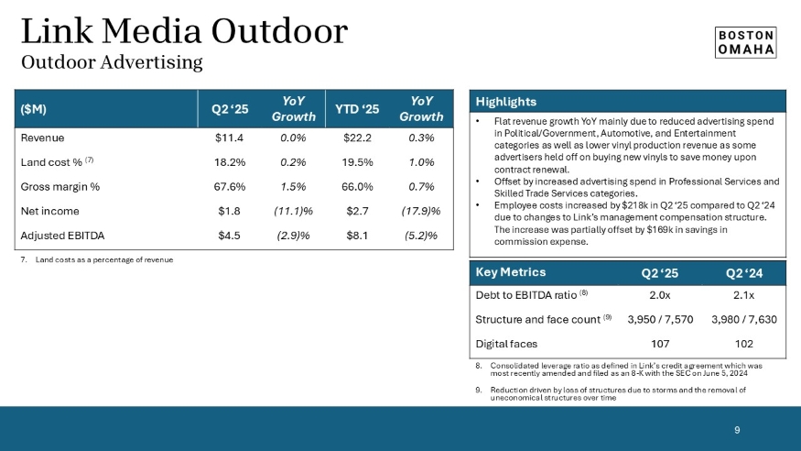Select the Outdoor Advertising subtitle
(111, 62)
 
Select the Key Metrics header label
(511, 272)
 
